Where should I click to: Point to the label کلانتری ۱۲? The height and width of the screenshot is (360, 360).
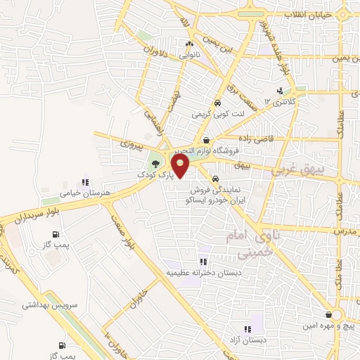point(277,102)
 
